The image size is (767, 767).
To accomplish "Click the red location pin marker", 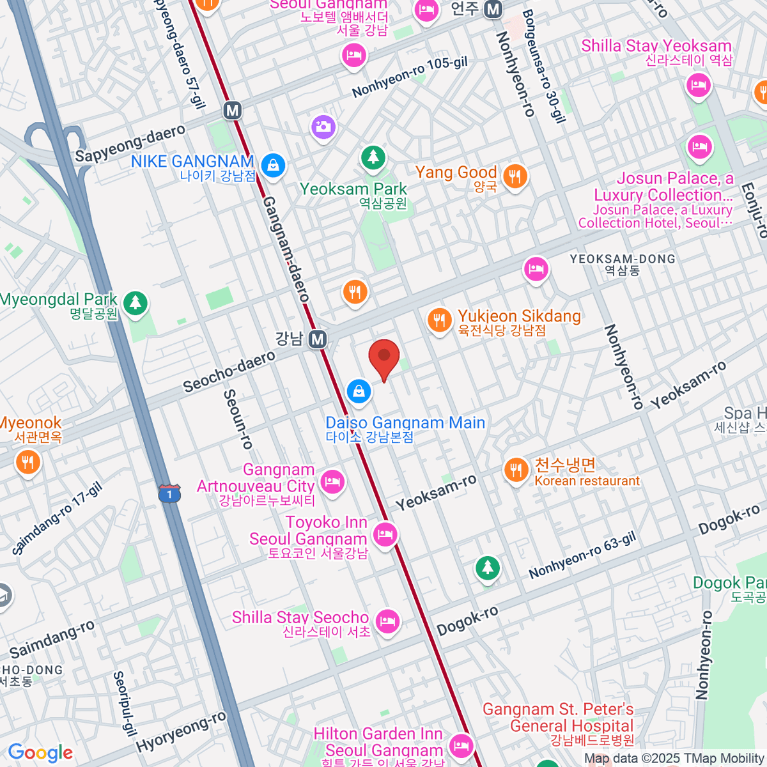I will click(x=384, y=359).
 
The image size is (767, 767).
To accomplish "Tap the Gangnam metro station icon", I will click(x=318, y=339).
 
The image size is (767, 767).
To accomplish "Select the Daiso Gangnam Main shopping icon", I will click(x=359, y=391).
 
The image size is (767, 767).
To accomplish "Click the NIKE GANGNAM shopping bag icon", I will click(x=273, y=165).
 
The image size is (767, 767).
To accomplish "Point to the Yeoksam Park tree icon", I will click(x=373, y=157).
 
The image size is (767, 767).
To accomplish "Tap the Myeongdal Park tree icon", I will click(x=135, y=302).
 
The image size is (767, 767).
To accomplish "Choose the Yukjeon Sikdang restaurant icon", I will click(x=438, y=320).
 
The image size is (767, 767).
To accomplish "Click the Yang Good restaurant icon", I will click(x=515, y=176).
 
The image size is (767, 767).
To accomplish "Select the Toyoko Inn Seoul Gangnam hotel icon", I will click(x=385, y=534).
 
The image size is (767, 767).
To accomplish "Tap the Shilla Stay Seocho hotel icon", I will click(x=387, y=621).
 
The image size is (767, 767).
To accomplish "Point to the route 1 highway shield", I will click(x=169, y=493).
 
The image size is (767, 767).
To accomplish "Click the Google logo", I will click(x=40, y=752).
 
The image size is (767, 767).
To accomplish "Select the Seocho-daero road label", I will click(x=229, y=372).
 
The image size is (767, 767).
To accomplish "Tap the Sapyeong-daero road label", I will click(x=130, y=144).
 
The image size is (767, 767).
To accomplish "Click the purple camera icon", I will click(x=323, y=126).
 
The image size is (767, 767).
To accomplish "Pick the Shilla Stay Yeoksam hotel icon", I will click(x=698, y=84).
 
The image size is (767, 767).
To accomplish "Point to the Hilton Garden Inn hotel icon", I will click(x=460, y=745).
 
